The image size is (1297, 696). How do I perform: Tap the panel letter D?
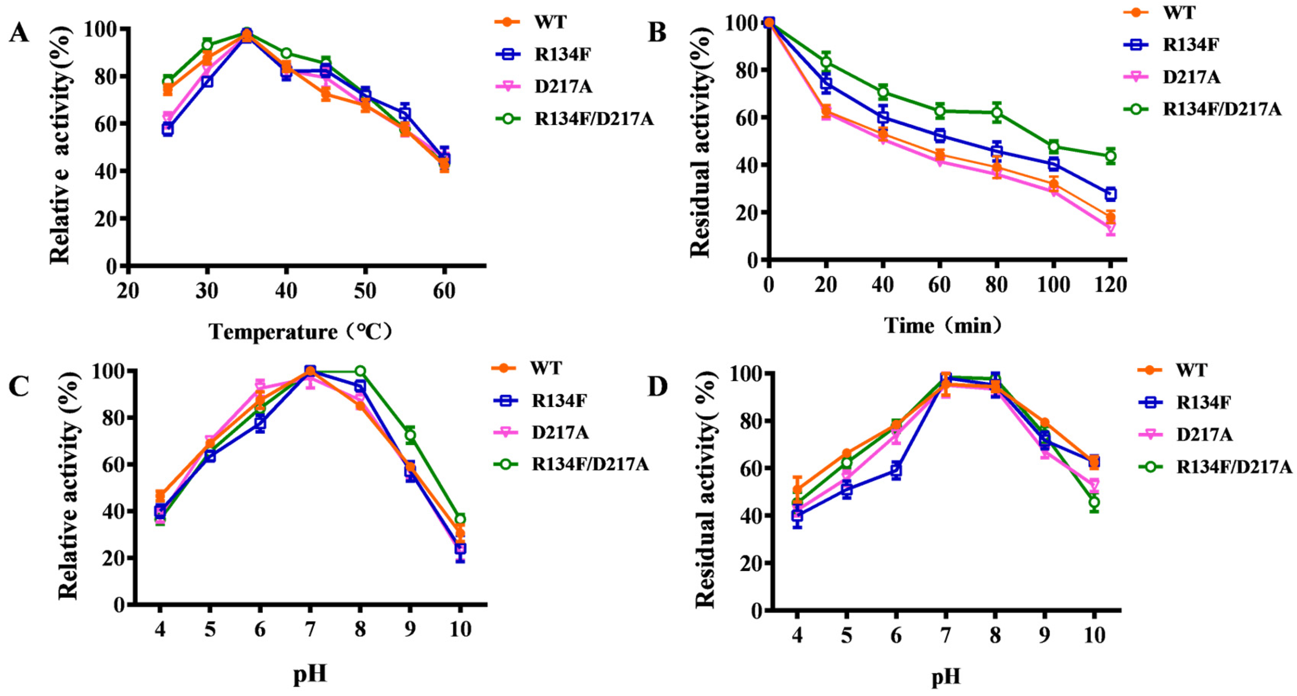657,386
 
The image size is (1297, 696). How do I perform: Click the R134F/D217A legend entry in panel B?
1221,108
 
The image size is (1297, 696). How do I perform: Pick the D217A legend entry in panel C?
560,432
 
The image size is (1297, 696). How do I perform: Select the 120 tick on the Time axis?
1111,285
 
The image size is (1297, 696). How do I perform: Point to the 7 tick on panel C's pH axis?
310,629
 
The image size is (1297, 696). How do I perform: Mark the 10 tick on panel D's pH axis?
1094,635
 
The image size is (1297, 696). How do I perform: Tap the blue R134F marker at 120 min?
1110,194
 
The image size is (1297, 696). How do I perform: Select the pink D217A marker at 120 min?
1110,229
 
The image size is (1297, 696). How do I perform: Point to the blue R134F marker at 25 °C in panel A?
168,129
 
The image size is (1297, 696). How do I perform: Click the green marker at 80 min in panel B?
996,113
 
